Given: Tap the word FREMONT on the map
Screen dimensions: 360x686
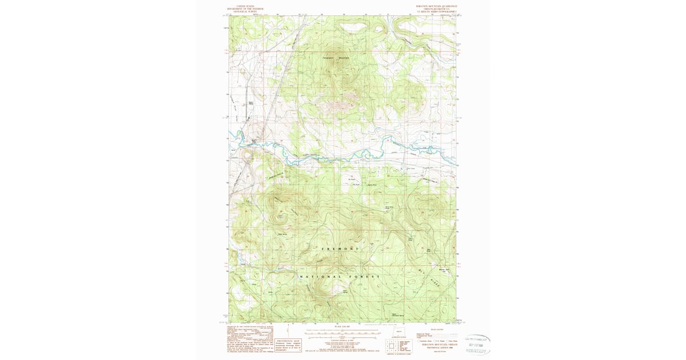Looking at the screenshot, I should point(341,249).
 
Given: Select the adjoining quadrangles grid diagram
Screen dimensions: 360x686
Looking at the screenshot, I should point(393,345).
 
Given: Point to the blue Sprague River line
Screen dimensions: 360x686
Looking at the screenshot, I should point(343,154).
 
